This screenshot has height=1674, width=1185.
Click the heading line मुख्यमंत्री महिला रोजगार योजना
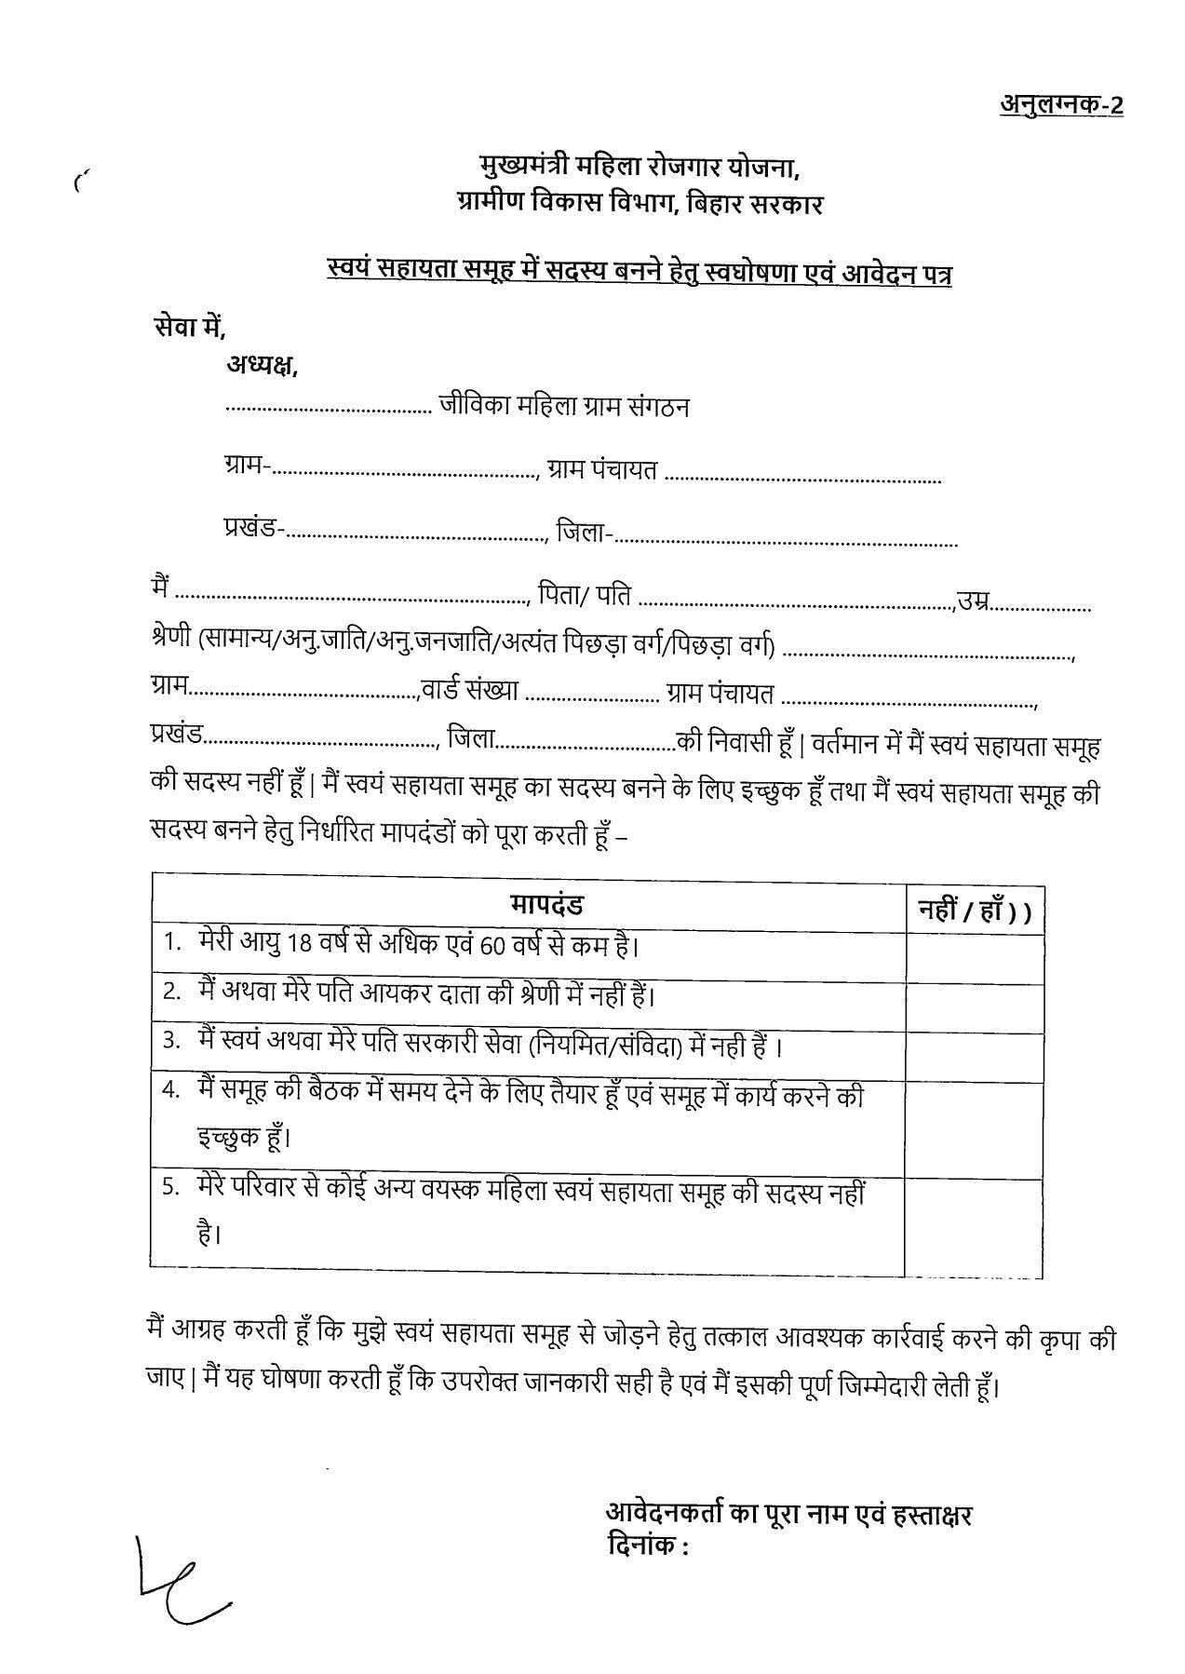638,169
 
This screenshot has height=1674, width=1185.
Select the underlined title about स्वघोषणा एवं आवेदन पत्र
639,275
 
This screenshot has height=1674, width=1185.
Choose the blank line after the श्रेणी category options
927,654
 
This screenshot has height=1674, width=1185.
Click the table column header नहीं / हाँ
974,911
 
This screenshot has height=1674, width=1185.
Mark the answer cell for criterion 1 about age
974,957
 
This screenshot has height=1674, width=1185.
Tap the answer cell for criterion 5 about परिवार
974,1225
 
